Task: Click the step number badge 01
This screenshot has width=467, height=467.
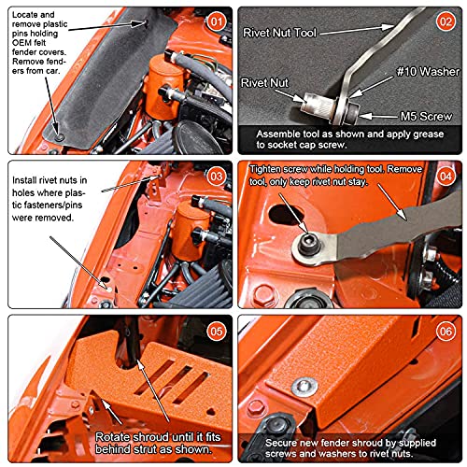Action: tap(217, 21)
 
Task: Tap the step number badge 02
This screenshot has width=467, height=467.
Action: tap(446, 21)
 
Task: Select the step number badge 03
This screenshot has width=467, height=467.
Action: tap(217, 177)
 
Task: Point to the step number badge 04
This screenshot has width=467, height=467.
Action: tap(446, 177)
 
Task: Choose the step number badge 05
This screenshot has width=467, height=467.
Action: tap(217, 332)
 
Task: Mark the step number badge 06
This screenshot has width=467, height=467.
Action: tap(446, 332)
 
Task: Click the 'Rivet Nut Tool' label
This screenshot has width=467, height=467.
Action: tap(279, 33)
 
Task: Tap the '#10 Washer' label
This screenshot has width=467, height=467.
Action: tap(428, 72)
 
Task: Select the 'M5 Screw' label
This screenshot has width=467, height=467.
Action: tap(426, 117)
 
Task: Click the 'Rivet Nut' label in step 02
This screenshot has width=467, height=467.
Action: tap(264, 83)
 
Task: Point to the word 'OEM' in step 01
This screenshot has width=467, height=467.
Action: tap(21, 43)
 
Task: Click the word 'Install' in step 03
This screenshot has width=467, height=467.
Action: tap(24, 180)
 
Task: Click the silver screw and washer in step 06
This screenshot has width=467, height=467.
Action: tap(304, 387)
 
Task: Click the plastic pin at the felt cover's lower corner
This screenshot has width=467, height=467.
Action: tap(59, 137)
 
